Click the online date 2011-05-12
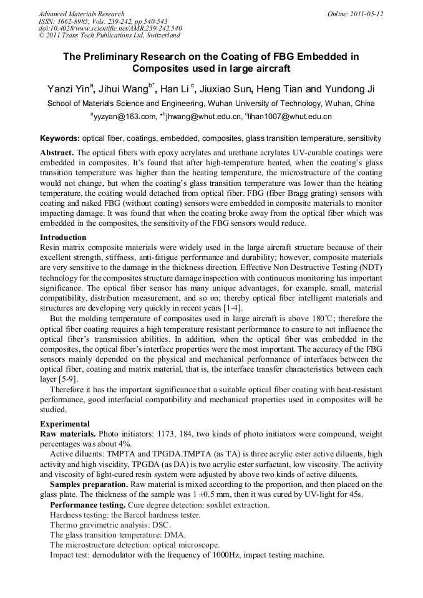[x=366, y=13]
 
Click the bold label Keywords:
[x=60, y=138]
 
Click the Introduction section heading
[x=63, y=238]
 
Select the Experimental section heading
[x=65, y=423]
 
